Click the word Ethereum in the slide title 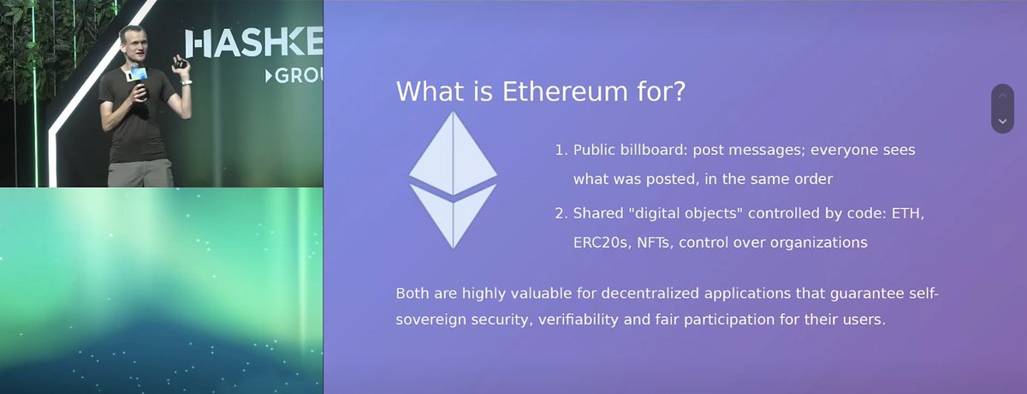click(x=565, y=91)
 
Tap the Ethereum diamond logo click(x=453, y=180)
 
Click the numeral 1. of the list click(x=561, y=150)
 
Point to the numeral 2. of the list click(x=561, y=213)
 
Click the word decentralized click(x=650, y=294)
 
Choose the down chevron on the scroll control click(x=1003, y=122)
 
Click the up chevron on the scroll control click(x=1003, y=95)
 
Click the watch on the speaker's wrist click(x=186, y=83)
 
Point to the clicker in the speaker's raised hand click(x=180, y=63)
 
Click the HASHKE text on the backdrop click(x=254, y=43)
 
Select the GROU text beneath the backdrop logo click(x=294, y=75)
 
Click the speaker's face click(x=133, y=45)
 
